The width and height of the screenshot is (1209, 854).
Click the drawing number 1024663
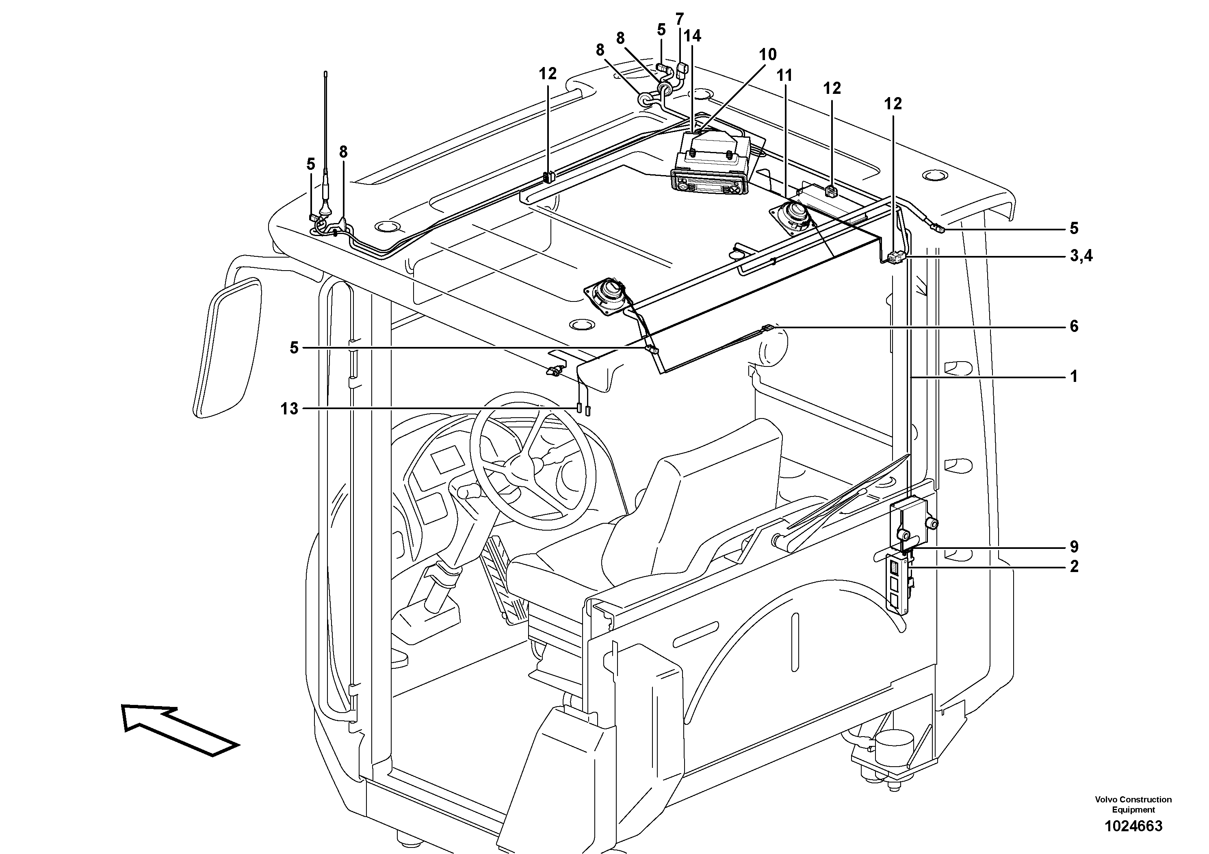click(1133, 826)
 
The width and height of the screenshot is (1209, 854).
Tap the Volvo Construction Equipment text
click(1133, 804)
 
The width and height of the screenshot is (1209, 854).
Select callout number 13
click(289, 409)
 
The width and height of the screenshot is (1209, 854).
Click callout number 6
click(1074, 326)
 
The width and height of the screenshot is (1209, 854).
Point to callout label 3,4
click(1081, 256)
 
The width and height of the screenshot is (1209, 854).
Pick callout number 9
click(1074, 547)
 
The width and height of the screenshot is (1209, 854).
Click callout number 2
click(1074, 566)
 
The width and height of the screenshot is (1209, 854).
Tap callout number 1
click(1074, 377)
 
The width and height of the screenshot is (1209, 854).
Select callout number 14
click(692, 36)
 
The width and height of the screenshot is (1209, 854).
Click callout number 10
click(767, 54)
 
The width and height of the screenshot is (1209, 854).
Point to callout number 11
click(784, 75)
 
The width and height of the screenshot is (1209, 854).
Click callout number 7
click(679, 19)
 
